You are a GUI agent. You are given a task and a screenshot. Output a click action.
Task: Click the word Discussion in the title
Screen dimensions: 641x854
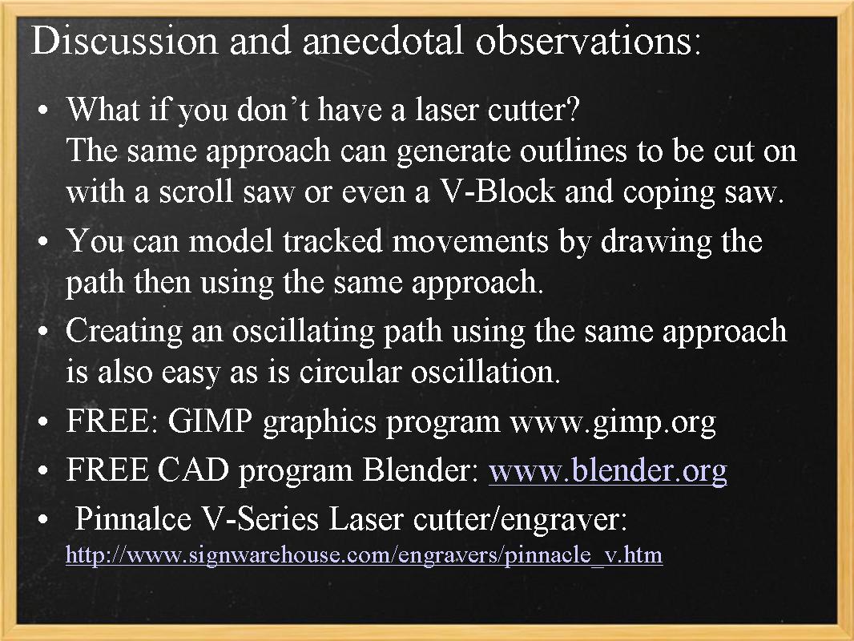point(123,40)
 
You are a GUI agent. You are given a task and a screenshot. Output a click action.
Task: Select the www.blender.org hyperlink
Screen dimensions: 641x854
point(607,470)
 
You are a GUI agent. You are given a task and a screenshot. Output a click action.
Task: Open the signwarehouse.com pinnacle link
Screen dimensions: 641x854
point(364,555)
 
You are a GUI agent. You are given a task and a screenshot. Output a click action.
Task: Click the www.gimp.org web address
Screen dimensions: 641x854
point(612,421)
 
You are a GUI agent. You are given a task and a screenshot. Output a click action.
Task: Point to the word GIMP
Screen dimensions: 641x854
point(211,421)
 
